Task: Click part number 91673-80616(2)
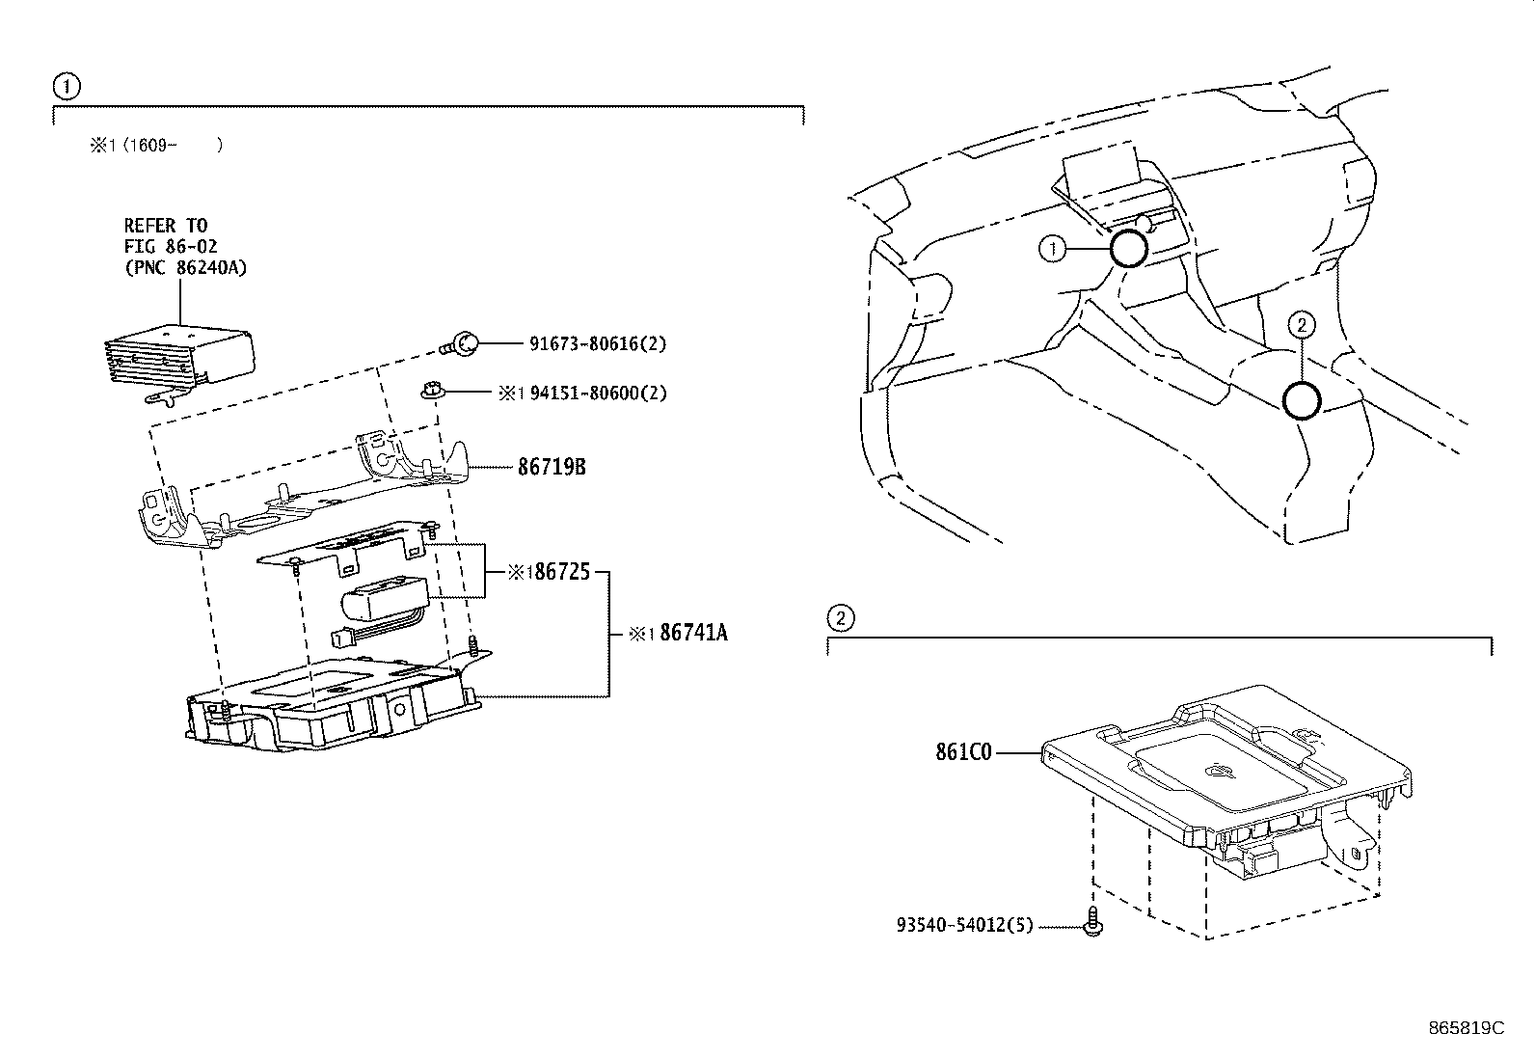pos(598,343)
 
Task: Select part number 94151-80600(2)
pos(598,393)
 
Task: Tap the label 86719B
pos(552,467)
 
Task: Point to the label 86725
pos(562,571)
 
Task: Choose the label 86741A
pos(693,632)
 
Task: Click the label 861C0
pos(963,752)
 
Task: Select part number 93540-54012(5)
pos(965,925)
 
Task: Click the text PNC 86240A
pos(185,267)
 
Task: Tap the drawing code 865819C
pos(1466,1028)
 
